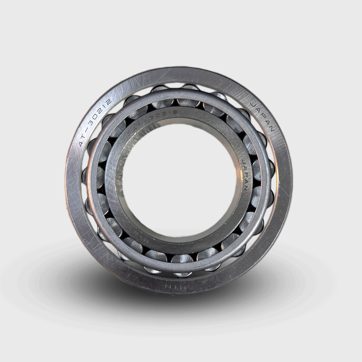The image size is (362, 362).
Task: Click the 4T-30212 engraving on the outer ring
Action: (94, 122)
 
